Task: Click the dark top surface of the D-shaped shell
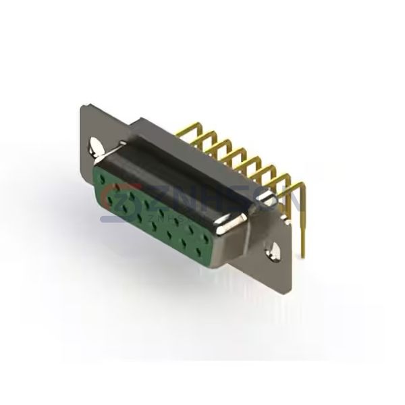pyautogui.click(x=182, y=162)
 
